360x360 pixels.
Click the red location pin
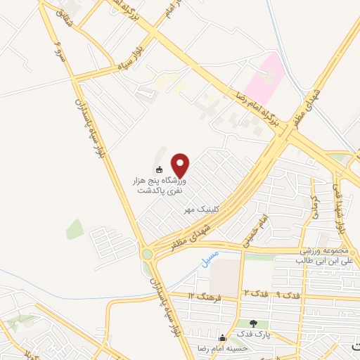point(181,165)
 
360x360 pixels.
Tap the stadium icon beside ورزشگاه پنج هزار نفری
point(160,169)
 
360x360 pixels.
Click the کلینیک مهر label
point(199,210)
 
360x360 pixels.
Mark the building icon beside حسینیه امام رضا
point(224,337)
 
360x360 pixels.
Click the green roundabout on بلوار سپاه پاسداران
point(148,255)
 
